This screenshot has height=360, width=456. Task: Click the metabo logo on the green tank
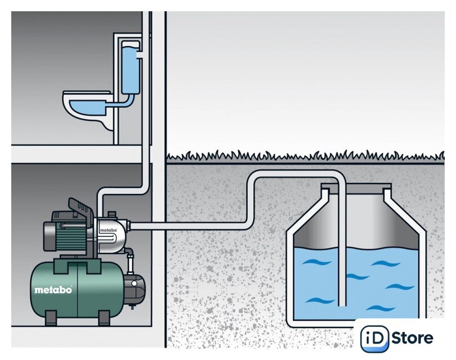(53, 290)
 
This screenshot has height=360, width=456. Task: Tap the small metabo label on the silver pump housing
(108, 230)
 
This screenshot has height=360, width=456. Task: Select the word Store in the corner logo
(413, 338)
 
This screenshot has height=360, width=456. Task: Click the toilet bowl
(87, 109)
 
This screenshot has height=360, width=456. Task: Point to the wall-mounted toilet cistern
(130, 67)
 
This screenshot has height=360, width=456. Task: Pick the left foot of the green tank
(51, 318)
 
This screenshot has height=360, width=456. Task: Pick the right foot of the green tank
(104, 318)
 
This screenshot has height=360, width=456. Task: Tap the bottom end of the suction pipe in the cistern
(342, 305)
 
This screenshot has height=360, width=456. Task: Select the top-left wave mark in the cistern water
(316, 262)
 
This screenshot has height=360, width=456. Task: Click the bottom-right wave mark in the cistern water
(381, 308)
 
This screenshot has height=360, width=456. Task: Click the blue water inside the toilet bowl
(87, 107)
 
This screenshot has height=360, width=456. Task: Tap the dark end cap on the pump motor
(50, 236)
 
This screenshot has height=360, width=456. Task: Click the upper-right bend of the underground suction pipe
(339, 177)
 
